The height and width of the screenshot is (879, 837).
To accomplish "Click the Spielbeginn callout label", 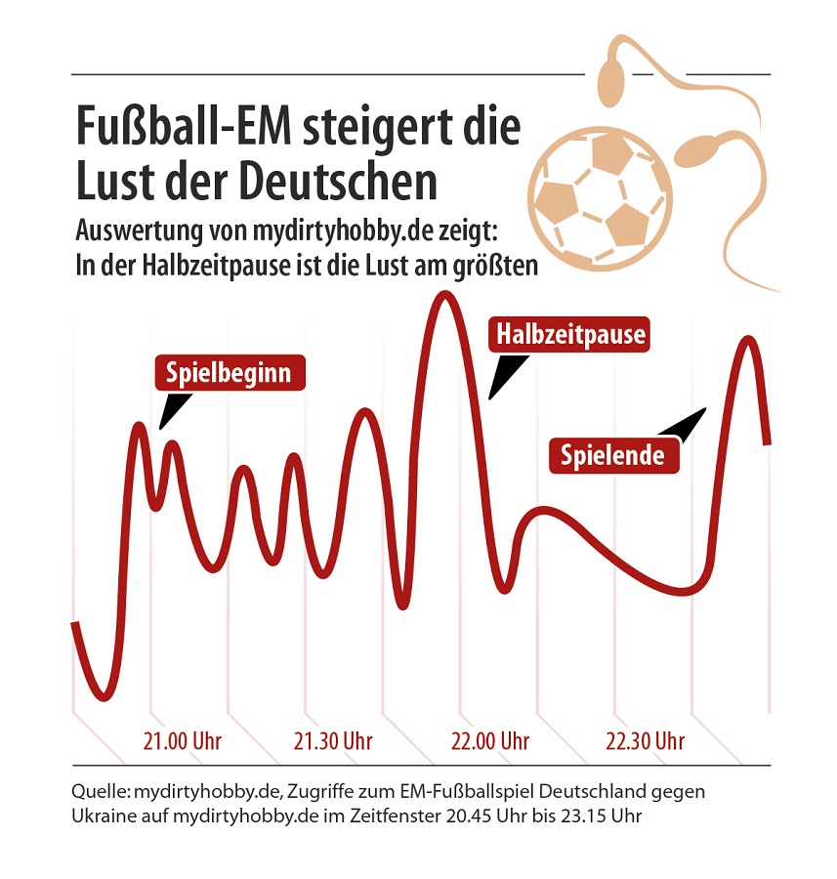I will (x=230, y=372).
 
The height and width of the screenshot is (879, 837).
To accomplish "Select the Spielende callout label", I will (x=612, y=455).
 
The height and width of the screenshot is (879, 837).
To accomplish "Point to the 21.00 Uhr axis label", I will (x=183, y=740).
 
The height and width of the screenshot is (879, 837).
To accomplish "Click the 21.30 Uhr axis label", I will (x=333, y=740).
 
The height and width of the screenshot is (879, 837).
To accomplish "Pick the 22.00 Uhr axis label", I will (x=489, y=740).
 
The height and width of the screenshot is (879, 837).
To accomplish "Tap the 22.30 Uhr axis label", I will (x=645, y=740).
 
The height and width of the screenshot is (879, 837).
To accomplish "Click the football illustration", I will (x=599, y=194).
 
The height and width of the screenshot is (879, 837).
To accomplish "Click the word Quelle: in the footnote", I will (x=102, y=789).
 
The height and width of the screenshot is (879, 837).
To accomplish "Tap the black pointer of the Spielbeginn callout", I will (x=173, y=409).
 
